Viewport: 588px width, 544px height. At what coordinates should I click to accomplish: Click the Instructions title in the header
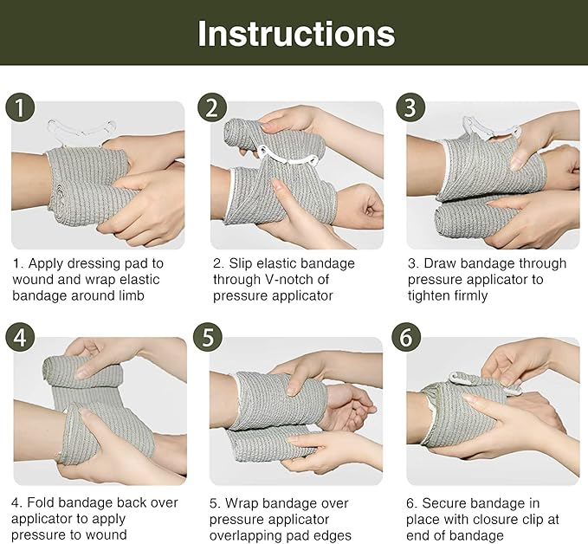pos(295,33)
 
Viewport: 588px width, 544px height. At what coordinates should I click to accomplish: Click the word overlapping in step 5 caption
pos(250,535)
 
